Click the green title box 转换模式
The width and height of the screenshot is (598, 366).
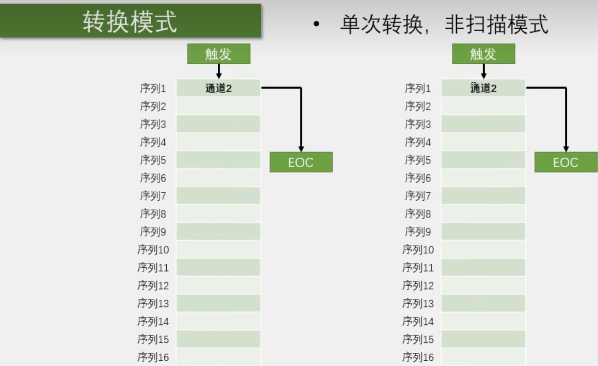130,21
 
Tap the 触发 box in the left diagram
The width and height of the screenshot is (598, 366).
218,54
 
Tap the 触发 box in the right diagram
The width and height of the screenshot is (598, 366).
483,54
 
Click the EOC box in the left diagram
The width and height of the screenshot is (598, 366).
301,162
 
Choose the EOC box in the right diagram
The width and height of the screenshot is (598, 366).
565,162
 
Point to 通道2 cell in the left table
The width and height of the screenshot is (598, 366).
218,88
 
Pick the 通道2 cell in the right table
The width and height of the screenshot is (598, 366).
483,88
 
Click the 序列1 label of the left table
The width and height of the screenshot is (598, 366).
153,88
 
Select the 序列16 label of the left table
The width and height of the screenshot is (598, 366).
153,357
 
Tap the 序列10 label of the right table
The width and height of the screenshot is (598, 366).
418,250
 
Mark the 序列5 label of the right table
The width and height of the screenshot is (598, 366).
418,160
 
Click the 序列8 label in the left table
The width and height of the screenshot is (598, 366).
153,214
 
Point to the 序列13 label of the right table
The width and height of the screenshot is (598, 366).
418,304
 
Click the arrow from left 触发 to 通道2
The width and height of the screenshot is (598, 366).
218,71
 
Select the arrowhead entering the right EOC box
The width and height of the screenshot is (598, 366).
566,148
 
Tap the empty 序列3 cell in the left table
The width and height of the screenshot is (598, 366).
218,124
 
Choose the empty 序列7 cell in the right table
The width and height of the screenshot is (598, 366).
483,196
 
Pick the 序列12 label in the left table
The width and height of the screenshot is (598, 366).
153,286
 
